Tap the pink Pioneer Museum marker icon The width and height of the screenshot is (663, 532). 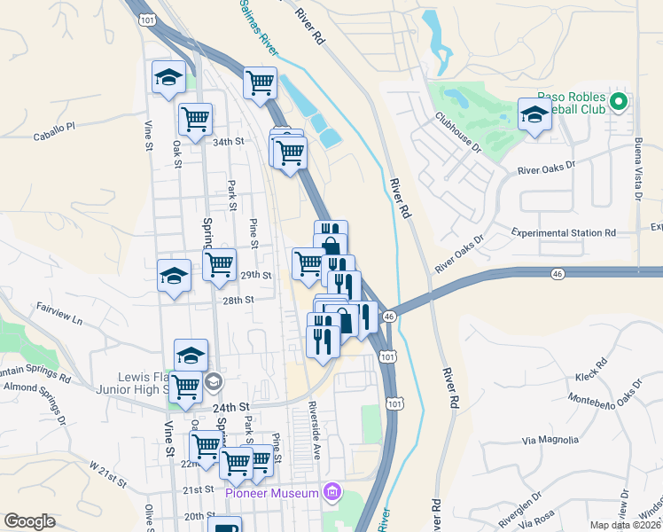[331, 491]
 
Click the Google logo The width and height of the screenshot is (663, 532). [29, 521]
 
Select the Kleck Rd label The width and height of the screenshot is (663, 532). [590, 371]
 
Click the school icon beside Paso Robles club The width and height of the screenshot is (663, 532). [534, 115]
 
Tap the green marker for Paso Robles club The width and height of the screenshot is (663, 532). [620, 102]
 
